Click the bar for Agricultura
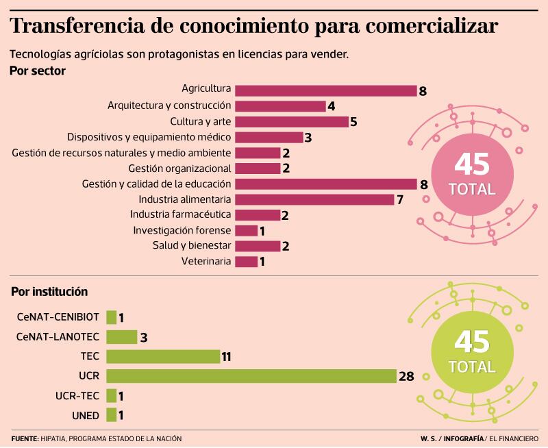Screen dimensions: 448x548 (x=325, y=90)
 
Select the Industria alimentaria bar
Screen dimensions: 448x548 (x=314, y=199)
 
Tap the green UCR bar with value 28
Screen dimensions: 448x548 (x=251, y=376)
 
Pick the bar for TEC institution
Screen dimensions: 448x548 (x=163, y=356)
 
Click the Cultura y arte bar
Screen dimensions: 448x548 (x=292, y=122)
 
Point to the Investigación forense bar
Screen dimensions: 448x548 (x=246, y=231)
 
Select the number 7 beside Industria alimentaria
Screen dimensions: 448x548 (x=399, y=200)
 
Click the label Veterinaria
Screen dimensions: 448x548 (x=206, y=262)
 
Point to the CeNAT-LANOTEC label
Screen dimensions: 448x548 (x=58, y=336)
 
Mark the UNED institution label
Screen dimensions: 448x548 (x=86, y=415)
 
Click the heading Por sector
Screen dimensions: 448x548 (x=38, y=71)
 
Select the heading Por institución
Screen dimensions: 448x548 (x=49, y=291)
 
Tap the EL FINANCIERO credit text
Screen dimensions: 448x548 (x=514, y=438)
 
